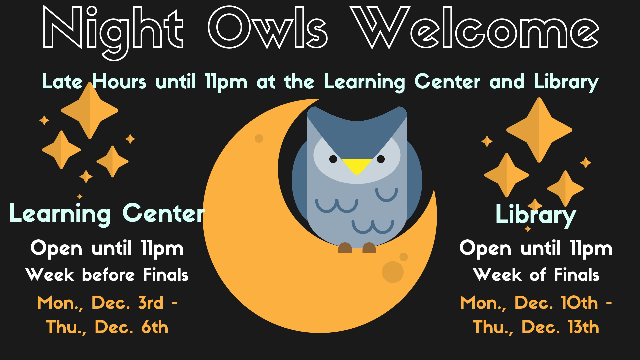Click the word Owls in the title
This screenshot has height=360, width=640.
tap(268, 28)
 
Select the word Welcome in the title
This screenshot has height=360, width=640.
tap(475, 28)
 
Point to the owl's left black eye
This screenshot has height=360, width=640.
tap(333, 159)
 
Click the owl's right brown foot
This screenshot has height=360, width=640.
tap(369, 248)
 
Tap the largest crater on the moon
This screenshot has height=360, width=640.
tap(393, 272)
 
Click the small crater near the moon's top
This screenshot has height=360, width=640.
tap(259, 138)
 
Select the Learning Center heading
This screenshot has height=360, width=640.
tap(107, 213)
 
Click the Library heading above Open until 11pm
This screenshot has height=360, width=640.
tap(536, 215)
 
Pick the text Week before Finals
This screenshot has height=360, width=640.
tap(107, 275)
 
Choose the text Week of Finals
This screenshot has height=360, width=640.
tap(536, 275)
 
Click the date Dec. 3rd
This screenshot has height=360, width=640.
tap(128, 303)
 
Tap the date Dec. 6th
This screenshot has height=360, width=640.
tap(131, 327)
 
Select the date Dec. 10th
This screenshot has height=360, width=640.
tap(556, 303)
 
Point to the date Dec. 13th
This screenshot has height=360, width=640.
tap(560, 327)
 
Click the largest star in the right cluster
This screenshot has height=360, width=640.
tap(539, 130)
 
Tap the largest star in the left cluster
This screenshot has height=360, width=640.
tap(89, 110)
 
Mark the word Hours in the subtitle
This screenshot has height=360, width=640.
tap(119, 81)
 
